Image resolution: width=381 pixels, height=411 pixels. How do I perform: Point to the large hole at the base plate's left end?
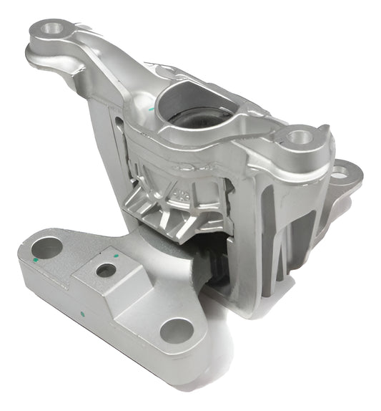click(47, 248)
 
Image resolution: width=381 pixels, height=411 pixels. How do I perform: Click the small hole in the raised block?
click(107, 270)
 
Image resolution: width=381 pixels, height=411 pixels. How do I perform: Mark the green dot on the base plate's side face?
click(84, 313)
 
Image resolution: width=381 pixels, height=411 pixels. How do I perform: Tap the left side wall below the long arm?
click(107, 143)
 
